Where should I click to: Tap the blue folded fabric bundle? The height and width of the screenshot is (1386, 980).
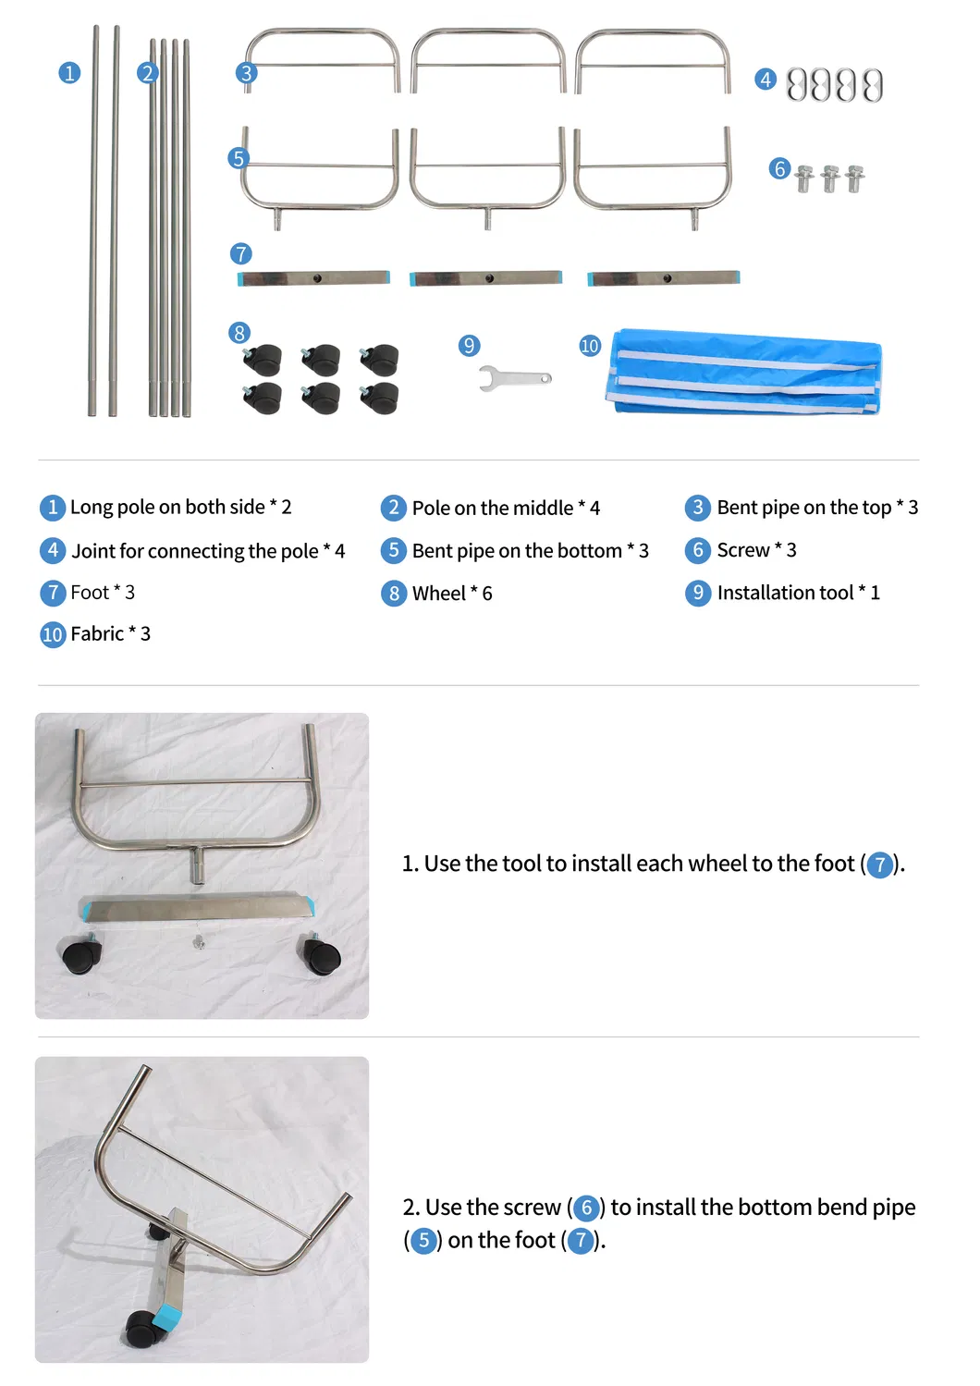click(x=743, y=372)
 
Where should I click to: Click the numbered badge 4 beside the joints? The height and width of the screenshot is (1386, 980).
click(x=766, y=80)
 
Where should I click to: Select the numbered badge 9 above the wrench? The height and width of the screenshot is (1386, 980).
click(x=469, y=345)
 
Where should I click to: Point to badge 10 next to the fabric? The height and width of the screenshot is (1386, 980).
click(x=590, y=345)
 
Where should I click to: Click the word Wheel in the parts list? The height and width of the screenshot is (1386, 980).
click(x=438, y=594)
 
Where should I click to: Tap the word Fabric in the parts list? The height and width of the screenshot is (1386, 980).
click(x=97, y=633)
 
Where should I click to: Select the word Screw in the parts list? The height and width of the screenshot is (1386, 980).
click(x=743, y=550)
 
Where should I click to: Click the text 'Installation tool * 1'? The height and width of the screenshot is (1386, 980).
click(x=798, y=593)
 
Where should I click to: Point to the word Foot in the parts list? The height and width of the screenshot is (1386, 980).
click(x=89, y=592)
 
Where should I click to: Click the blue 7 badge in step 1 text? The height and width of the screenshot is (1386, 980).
click(x=879, y=865)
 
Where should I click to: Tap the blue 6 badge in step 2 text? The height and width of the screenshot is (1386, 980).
click(x=586, y=1208)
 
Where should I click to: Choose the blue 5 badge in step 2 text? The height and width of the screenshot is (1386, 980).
click(x=423, y=1241)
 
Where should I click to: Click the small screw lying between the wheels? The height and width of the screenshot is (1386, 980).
click(x=199, y=942)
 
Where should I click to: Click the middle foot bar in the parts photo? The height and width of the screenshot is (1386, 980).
click(x=485, y=277)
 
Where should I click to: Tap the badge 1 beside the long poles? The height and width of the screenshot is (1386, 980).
click(x=69, y=72)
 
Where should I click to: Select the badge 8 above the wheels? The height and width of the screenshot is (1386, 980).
click(x=239, y=333)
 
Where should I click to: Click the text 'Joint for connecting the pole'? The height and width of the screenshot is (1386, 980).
click(x=195, y=551)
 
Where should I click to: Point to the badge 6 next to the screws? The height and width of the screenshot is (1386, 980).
click(x=779, y=168)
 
